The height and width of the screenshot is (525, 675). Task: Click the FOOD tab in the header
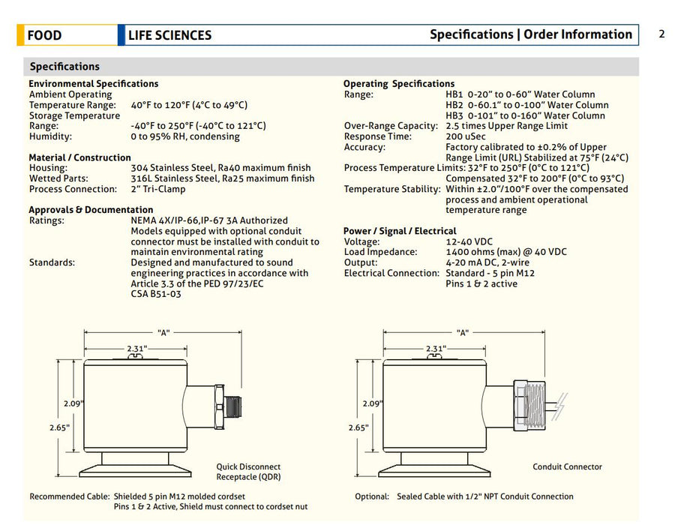44,35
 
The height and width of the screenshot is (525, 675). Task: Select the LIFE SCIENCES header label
169,35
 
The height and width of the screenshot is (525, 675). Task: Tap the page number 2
661,34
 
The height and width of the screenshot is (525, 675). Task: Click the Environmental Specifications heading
93,84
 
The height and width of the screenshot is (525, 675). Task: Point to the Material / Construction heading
79,157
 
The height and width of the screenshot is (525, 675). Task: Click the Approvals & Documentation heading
91,210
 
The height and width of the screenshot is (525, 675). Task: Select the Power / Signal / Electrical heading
400,231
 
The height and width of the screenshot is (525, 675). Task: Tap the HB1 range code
454,94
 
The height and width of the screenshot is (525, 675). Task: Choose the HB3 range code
454,115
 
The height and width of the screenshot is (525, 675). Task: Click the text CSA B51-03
156,294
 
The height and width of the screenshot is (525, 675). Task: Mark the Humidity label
50,136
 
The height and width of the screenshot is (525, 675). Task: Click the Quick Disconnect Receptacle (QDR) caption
248,472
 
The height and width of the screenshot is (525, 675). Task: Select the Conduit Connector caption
567,466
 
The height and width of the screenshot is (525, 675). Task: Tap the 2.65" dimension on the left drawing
60,427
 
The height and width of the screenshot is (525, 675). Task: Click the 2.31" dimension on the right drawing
435,349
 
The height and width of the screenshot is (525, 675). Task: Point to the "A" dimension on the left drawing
163,332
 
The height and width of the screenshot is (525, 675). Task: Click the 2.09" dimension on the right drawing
371,403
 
